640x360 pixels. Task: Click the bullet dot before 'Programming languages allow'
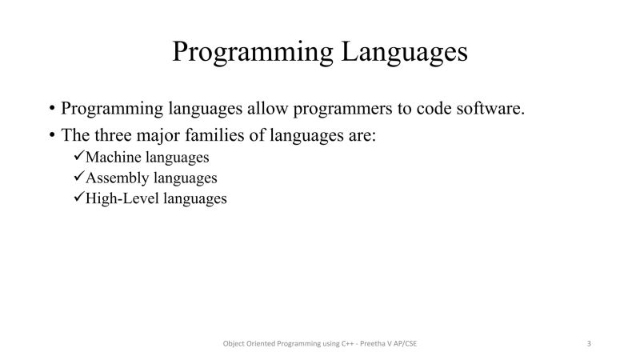(52, 109)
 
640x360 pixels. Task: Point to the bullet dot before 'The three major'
(52, 136)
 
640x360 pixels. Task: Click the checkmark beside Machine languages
(78, 157)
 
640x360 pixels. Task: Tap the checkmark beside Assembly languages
(78, 178)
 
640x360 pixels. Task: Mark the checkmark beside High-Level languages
(78, 198)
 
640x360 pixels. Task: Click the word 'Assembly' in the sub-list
(114, 178)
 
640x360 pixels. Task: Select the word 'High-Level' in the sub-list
(122, 199)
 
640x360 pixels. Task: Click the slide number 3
(589, 344)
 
